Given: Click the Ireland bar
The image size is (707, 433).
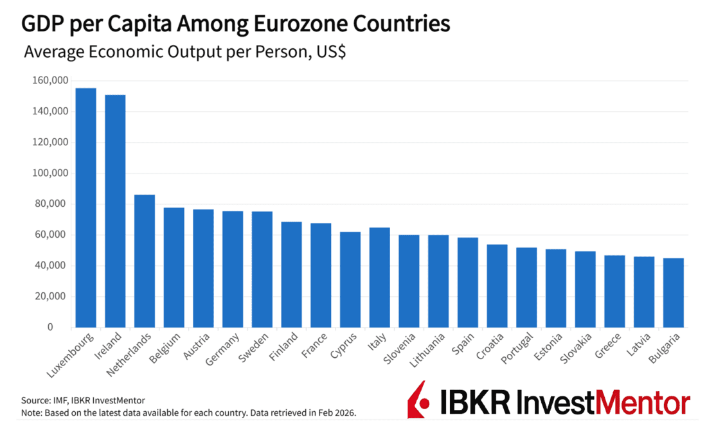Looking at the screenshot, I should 115,211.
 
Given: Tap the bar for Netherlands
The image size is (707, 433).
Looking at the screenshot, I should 145,261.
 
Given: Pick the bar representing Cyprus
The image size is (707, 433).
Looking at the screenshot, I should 350,279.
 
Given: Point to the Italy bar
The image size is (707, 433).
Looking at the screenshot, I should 380,278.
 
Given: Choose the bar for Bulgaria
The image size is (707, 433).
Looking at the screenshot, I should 673,293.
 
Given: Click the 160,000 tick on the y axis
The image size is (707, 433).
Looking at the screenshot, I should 49,80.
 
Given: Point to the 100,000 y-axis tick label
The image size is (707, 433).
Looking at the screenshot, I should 49,173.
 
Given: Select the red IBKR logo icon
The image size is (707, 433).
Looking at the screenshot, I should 418,399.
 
